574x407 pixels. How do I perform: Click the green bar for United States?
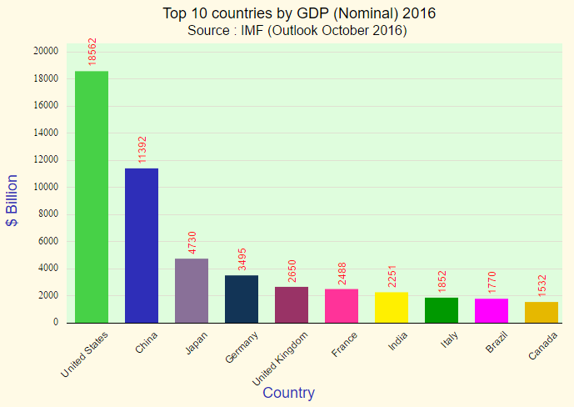coord(92,197)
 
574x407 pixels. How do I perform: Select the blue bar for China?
coord(142,245)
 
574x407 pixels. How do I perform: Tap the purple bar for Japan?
coord(192,290)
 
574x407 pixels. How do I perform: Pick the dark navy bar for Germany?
coord(242,299)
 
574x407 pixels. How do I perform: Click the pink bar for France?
coord(342,305)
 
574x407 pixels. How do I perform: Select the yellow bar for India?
coord(392,307)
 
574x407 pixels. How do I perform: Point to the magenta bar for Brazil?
coord(492,310)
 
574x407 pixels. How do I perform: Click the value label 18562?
coord(92,52)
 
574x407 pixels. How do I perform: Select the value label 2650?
coord(292,270)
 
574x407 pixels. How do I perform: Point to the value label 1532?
coord(542,285)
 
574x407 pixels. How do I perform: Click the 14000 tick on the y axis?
coord(46,133)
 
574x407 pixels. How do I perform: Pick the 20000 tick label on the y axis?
coord(46,51)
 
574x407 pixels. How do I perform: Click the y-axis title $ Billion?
coord(12,200)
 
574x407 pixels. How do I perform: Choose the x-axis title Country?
coord(288,393)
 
